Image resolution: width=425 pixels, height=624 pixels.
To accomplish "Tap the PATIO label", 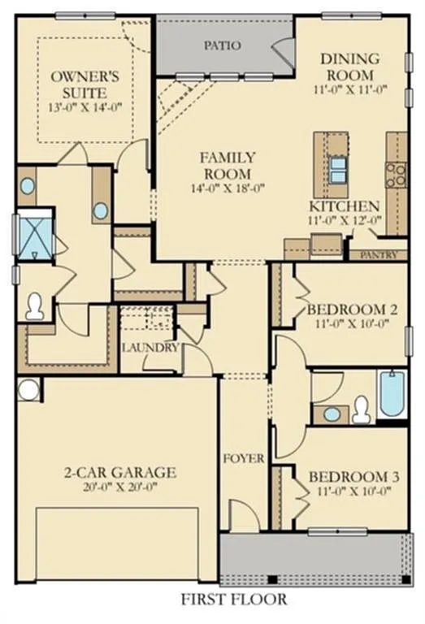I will [x=222, y=45].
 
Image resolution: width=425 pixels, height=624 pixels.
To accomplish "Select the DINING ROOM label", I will [x=349, y=66].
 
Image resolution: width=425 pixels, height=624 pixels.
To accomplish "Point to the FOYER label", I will [x=244, y=459].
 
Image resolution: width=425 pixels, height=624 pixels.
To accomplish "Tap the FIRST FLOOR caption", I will [x=234, y=600].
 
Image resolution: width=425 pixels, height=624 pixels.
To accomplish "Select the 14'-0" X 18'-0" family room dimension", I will [x=228, y=188].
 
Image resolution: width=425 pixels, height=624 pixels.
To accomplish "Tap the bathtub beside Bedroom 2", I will [x=392, y=395].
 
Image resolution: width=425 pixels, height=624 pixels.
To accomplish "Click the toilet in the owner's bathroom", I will [x=35, y=305].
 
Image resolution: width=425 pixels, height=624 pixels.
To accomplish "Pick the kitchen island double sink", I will [x=337, y=167].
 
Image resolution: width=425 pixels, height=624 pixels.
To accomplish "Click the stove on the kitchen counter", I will [x=396, y=172].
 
